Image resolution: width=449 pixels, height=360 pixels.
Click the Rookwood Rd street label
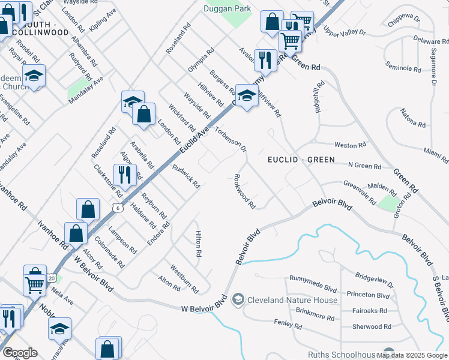[245, 191]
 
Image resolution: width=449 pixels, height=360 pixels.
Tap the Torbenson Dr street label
[231, 139]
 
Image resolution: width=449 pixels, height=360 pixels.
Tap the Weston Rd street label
[350, 145]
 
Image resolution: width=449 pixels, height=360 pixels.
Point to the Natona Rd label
[413, 117]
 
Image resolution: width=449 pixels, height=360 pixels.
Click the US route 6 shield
[118, 208]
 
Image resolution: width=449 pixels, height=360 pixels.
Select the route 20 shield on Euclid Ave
[52, 278]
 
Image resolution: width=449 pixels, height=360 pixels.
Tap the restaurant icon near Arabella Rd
[125, 175]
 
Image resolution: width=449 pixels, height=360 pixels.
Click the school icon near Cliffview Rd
[246, 96]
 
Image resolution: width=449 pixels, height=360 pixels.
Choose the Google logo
[20, 353]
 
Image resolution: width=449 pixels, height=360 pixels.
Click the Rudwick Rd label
[186, 177]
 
